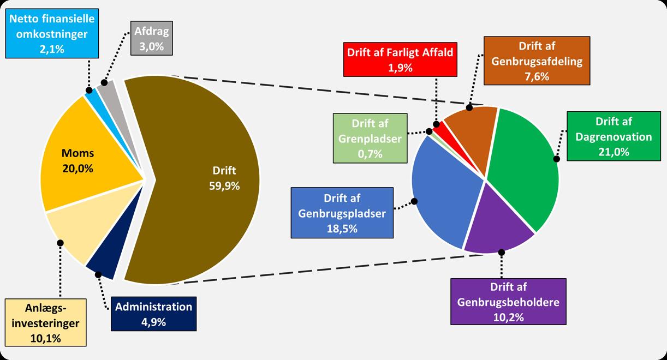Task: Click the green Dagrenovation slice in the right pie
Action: point(524,164)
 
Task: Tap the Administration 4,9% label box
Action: point(153,314)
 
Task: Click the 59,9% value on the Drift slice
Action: point(224,185)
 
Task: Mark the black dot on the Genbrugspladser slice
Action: point(414,201)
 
